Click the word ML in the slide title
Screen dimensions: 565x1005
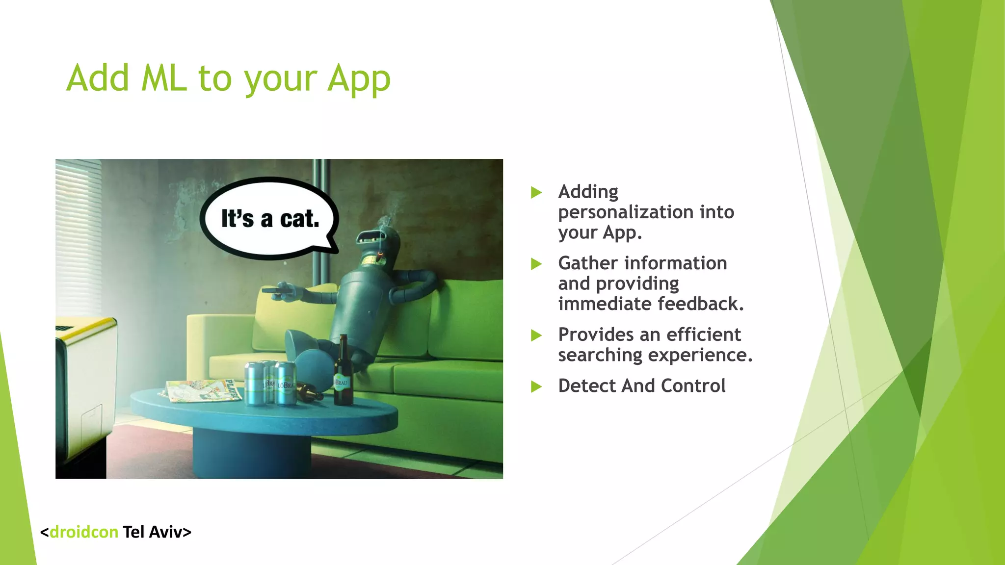click(164, 78)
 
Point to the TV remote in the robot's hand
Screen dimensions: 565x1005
click(276, 291)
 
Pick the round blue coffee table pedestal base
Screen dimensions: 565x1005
click(252, 452)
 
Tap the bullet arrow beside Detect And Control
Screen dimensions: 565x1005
click(536, 387)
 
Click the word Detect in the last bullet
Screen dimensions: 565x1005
click(587, 386)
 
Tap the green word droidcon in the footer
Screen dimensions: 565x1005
click(84, 532)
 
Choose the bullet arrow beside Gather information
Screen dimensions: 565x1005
click(536, 264)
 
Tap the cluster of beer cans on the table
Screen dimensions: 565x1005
click(276, 384)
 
